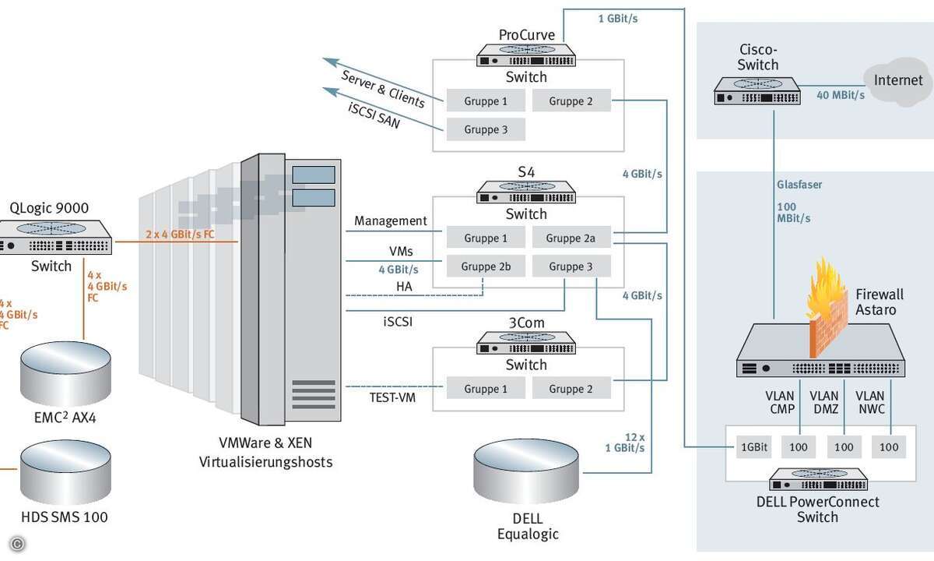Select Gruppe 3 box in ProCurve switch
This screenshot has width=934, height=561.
pos(486,129)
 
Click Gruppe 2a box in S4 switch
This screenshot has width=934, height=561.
pos(571,238)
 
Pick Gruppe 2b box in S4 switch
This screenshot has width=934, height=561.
pos(486,266)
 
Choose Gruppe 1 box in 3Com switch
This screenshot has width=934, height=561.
pos(486,389)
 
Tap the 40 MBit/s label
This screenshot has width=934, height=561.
pos(840,95)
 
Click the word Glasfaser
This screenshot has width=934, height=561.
pos(799,185)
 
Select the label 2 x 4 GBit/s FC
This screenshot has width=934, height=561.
pos(180,234)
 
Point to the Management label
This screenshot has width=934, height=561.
pos(390,221)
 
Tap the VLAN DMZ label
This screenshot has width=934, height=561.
pos(824,402)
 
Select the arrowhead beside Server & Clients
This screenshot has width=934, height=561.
pos(330,62)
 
